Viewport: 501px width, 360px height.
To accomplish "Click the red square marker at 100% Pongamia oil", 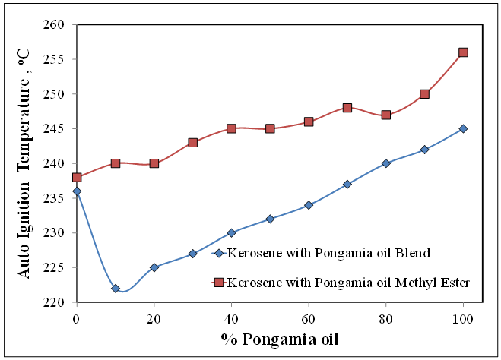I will tap(463, 52).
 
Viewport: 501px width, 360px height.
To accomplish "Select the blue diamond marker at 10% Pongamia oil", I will tap(116, 289).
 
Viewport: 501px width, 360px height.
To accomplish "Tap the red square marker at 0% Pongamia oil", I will tap(77, 177).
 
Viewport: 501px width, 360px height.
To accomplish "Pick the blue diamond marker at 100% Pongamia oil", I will tap(463, 128).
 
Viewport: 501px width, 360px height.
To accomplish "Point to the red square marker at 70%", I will tap(347, 108).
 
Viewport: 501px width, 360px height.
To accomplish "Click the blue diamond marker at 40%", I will tap(231, 232).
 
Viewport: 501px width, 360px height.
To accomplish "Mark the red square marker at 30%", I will tap(193, 142).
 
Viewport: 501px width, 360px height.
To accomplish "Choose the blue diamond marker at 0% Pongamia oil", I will tap(77, 191).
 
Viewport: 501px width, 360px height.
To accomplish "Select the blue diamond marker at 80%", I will tap(386, 163).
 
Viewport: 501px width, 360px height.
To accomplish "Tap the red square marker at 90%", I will tap(424, 94).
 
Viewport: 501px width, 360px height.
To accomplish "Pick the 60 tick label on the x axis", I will tap(309, 315).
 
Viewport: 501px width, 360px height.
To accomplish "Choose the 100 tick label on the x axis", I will tap(463, 315).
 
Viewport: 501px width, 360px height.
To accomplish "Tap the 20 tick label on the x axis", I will tap(154, 315).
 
